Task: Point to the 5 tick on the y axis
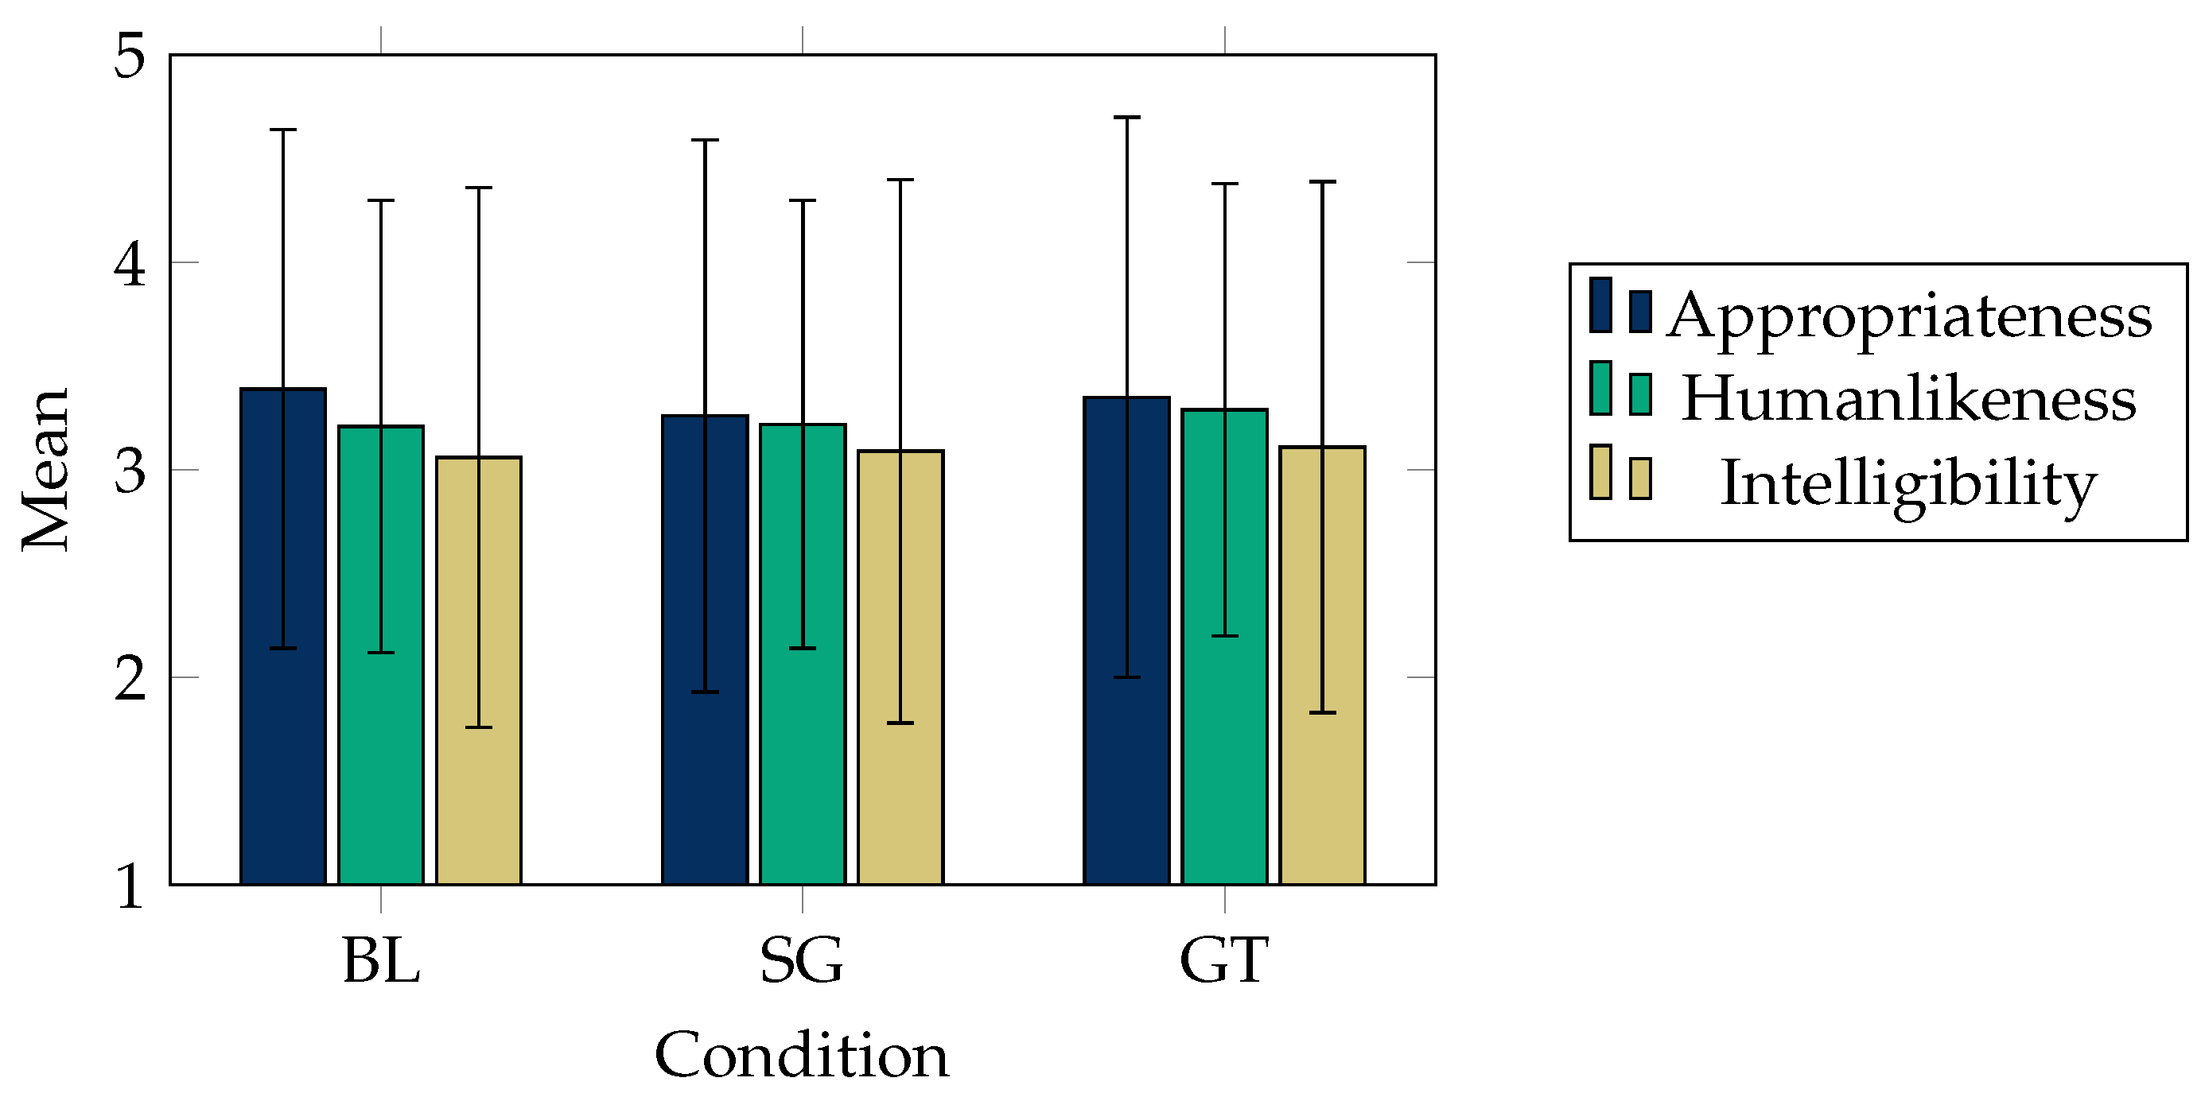[130, 56]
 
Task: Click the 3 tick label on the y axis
[130, 470]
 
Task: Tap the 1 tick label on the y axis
[130, 886]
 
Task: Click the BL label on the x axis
[381, 961]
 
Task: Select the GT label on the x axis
[1224, 961]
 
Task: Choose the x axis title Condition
[802, 1056]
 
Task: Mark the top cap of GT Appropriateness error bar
[1126, 117]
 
